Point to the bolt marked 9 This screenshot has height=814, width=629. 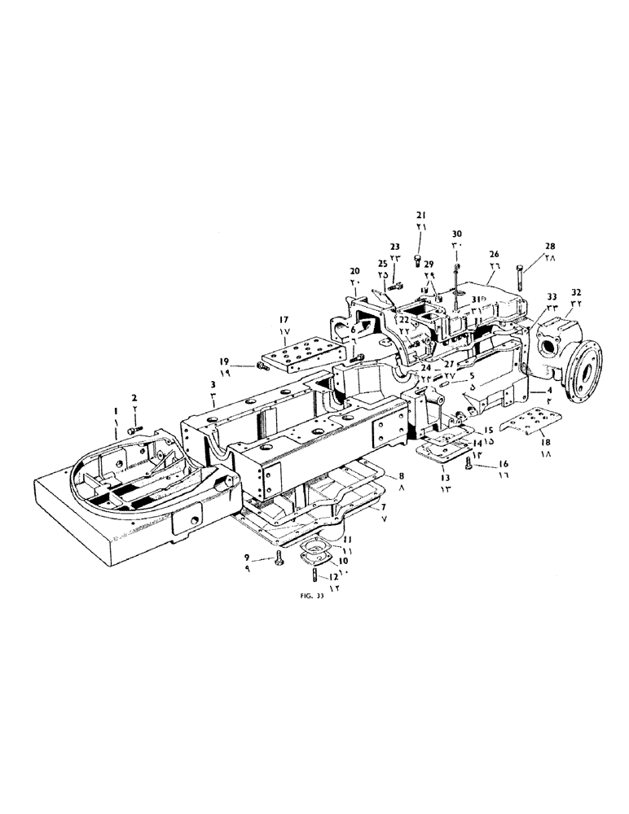tap(279, 558)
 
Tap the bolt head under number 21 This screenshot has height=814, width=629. tap(419, 259)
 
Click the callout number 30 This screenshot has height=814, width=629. tap(456, 234)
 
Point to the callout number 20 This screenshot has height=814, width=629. tap(354, 270)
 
